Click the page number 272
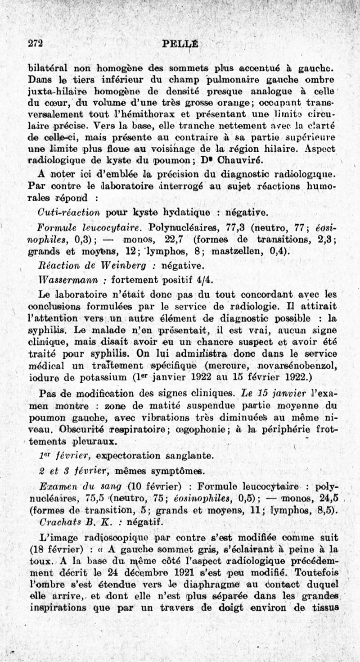click(x=35, y=43)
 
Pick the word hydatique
click(x=176, y=212)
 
